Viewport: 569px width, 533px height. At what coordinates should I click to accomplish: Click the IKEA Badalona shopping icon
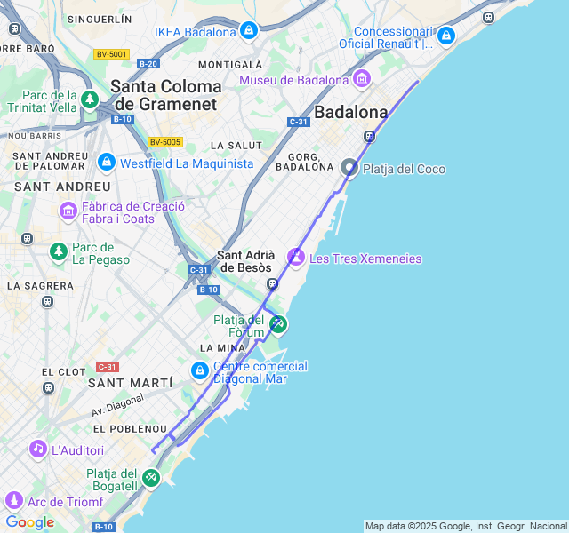coord(249,32)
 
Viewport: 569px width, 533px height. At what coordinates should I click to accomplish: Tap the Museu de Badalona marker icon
coord(361,80)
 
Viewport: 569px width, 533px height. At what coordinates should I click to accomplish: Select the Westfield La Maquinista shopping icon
coord(107,163)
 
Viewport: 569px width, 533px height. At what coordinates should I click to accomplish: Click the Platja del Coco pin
coord(350,167)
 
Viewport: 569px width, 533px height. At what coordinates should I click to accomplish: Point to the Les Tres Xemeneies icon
coord(296,258)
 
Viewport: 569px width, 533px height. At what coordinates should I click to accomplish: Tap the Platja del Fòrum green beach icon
coord(278,323)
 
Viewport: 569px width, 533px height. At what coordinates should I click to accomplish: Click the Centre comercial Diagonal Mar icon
coord(201,370)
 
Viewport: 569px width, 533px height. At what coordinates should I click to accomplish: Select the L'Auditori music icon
coord(37,449)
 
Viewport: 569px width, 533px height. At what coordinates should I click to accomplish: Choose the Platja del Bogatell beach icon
coord(151,479)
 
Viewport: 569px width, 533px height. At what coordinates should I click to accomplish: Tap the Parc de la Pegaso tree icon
coord(59,252)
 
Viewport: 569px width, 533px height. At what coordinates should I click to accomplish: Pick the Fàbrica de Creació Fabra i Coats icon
coord(68,211)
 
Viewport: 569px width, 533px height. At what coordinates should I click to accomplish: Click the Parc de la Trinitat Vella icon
coord(89,99)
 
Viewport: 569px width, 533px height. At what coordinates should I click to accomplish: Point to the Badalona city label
coord(351,113)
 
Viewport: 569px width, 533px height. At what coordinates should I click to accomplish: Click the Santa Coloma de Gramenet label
coord(165,95)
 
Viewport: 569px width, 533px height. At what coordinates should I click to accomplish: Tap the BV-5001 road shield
coord(111,54)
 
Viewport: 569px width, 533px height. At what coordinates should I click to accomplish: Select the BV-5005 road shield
coord(165,142)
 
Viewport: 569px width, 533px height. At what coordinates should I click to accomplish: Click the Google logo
coord(29,522)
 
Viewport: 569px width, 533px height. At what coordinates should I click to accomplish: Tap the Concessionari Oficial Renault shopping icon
coord(445,36)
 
